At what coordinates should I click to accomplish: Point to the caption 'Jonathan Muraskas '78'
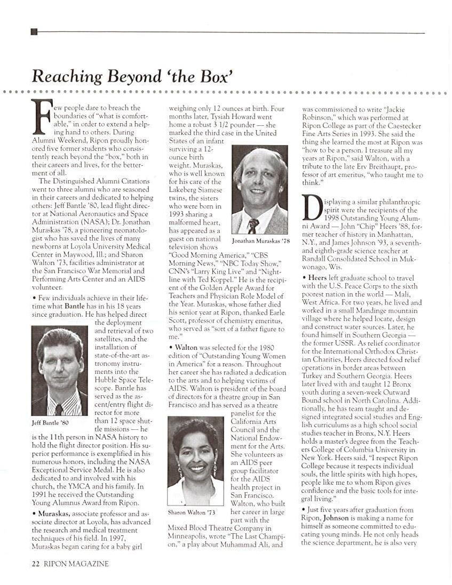260,241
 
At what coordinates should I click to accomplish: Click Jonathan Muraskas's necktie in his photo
253,226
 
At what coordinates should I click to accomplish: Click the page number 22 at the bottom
36,563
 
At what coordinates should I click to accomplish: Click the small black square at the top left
34,32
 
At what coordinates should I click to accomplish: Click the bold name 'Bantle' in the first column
75,307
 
